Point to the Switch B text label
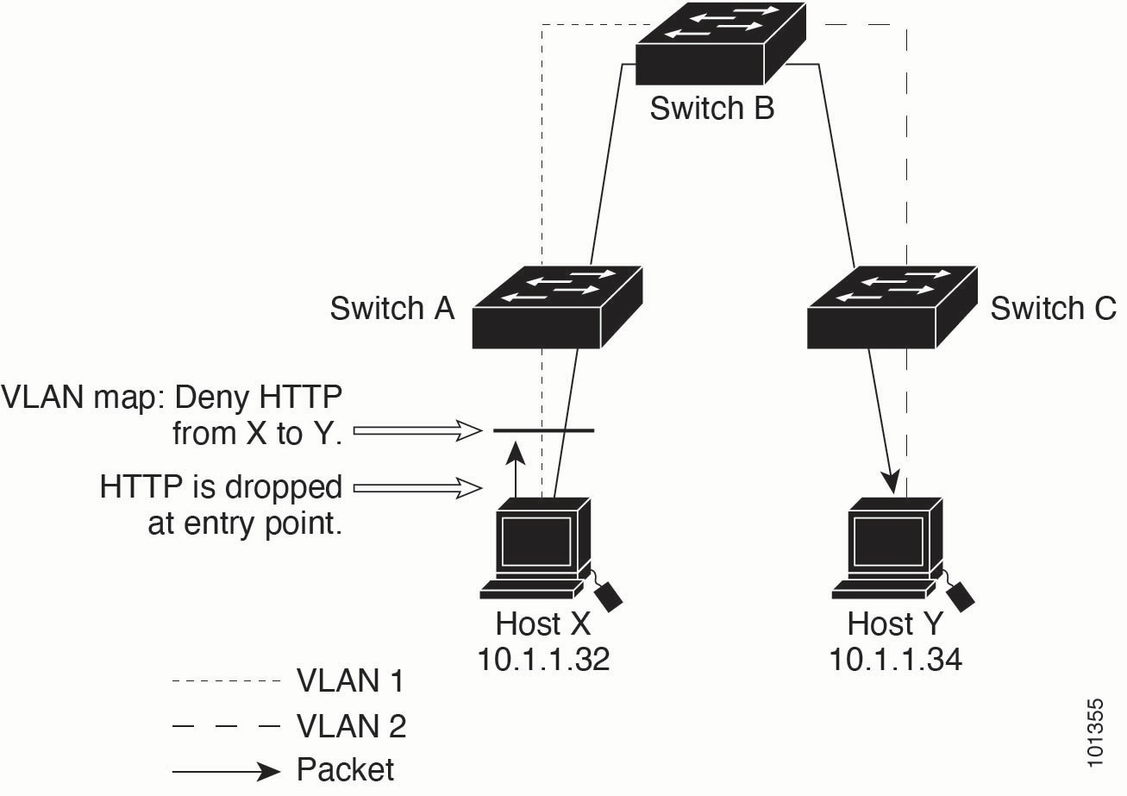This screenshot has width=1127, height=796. pyautogui.click(x=711, y=109)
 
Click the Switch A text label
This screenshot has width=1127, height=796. pyautogui.click(x=391, y=308)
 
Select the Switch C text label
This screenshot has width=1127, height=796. pyautogui.click(x=1053, y=308)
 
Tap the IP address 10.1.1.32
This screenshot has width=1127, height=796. pyautogui.click(x=543, y=660)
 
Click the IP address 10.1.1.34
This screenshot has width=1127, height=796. pyautogui.click(x=895, y=660)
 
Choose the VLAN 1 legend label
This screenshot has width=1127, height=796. pyautogui.click(x=350, y=681)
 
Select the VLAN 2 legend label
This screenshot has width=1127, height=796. pyautogui.click(x=350, y=726)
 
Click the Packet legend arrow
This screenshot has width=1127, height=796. pyautogui.click(x=227, y=770)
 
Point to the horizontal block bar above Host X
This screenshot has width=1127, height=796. pyautogui.click(x=542, y=429)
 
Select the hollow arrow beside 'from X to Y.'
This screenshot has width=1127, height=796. pyautogui.click(x=417, y=429)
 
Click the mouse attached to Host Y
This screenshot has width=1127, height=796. pyautogui.click(x=961, y=595)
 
